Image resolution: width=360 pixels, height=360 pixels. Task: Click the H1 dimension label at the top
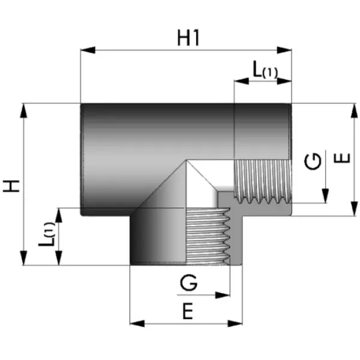[188, 37]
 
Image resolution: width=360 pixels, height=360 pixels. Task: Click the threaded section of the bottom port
[208, 235]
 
